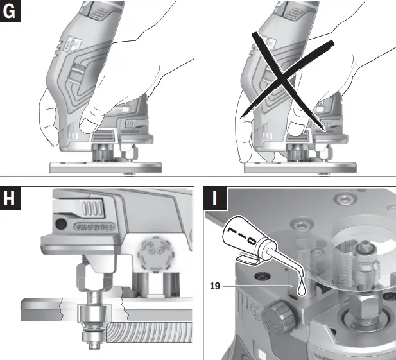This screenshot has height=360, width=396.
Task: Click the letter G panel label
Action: click(x=11, y=11)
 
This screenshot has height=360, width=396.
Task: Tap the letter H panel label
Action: click(x=11, y=199)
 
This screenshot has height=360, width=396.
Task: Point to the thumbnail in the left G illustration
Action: click(x=89, y=123)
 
